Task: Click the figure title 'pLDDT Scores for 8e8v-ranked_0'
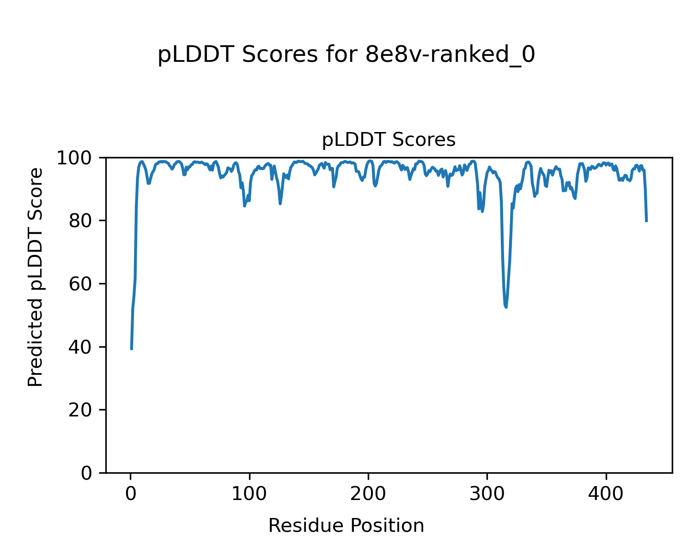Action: [x=346, y=55]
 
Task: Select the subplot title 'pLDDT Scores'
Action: [x=389, y=140]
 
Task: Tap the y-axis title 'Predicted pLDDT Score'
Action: [x=36, y=277]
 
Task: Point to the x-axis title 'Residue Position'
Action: [x=346, y=525]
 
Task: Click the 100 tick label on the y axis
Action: [x=78, y=158]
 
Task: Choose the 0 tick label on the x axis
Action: [x=131, y=494]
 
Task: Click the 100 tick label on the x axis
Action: [x=249, y=494]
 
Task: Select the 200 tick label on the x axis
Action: [x=368, y=494]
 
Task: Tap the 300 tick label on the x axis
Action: [x=487, y=494]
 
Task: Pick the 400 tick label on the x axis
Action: [x=606, y=494]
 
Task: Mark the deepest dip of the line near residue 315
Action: [x=506, y=307]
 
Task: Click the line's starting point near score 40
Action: [x=132, y=349]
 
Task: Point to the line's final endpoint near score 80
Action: [x=646, y=221]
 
